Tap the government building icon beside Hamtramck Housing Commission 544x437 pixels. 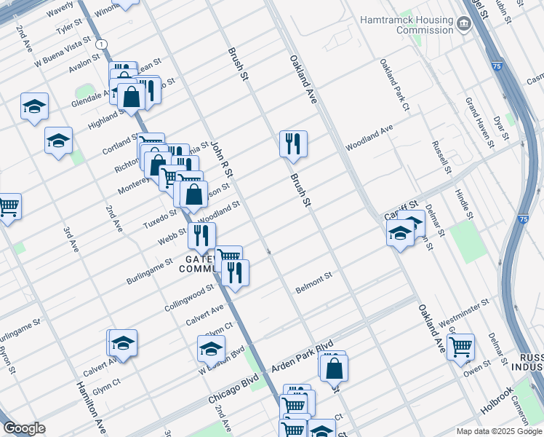(463, 25)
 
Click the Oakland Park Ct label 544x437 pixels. (395, 86)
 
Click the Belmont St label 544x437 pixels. (313, 283)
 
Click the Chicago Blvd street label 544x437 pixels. (233, 390)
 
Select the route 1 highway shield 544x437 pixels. (97, 44)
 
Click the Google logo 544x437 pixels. (24, 428)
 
